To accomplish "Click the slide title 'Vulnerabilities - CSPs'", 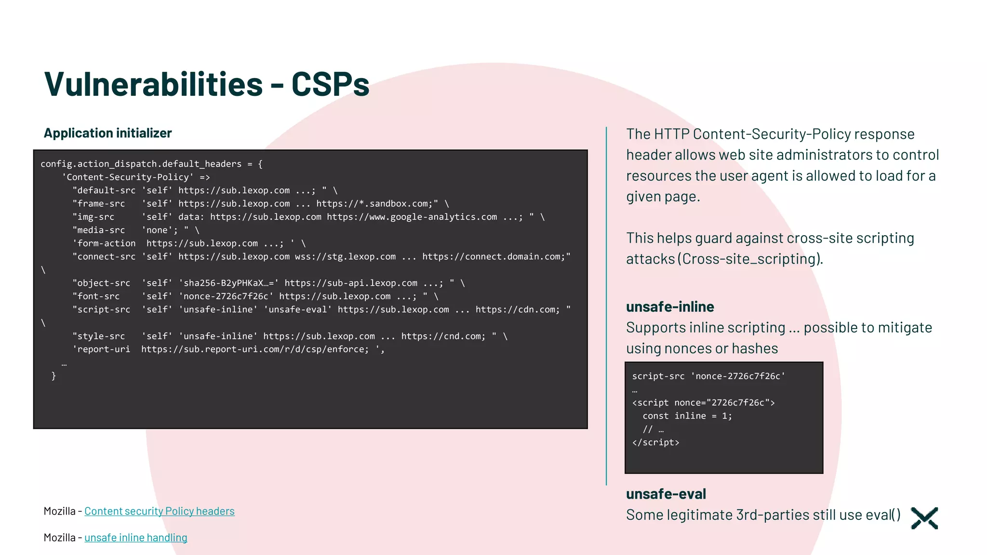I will pos(206,84).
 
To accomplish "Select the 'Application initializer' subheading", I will pos(107,133).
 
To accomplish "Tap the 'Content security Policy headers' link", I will pos(160,511).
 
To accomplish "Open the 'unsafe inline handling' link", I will pos(136,538).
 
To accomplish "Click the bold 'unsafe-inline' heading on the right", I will pos(670,307).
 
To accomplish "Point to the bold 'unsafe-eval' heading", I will pos(666,494).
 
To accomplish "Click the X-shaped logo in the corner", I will pos(924,518).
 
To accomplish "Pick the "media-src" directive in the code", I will pos(99,230).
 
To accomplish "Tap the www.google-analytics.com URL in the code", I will pos(412,217).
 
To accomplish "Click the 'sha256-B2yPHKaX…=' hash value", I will pos(229,283).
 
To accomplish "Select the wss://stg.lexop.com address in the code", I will pos(345,257).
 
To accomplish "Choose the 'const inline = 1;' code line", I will pos(687,416).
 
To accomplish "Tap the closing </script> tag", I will pos(655,443).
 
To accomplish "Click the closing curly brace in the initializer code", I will pos(53,376).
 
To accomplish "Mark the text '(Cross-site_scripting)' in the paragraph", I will pos(750,259).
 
